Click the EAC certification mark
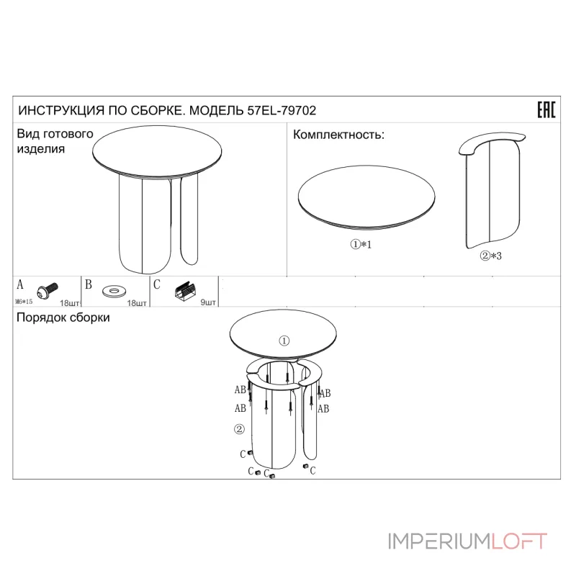pos(546,109)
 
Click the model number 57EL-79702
pos(282,111)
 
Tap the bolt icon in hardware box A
pos(48,290)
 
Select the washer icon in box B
pos(114,292)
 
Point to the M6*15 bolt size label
pos(24,302)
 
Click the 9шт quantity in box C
pos(208,302)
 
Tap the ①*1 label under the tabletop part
pos(361,244)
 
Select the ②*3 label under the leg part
pos(491,256)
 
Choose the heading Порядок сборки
pos(63,318)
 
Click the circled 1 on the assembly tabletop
pos(284,341)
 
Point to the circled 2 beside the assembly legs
pos(239,428)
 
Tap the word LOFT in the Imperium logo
pos(519,541)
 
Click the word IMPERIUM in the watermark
pos(439,541)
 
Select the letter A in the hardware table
pos(20,284)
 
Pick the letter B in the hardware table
pos(89,284)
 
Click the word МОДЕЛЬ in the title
pos(217,111)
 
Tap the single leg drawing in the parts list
pos(492,190)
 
